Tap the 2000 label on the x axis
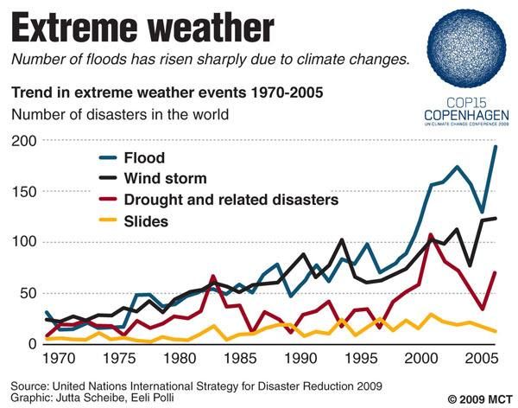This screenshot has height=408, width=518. (420, 356)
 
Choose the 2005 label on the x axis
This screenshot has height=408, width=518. (480, 356)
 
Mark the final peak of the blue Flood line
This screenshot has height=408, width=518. (496, 147)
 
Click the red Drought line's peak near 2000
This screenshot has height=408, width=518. (431, 234)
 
